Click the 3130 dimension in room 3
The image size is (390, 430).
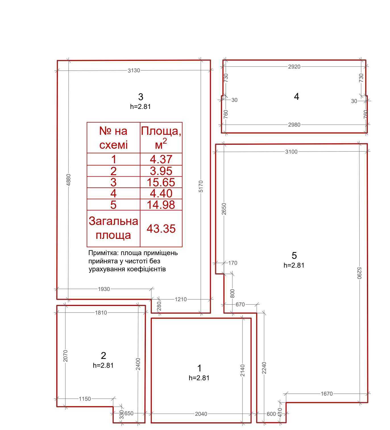pos(134,70)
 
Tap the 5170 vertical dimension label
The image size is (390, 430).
pos(201,186)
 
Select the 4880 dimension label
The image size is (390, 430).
pos(68,180)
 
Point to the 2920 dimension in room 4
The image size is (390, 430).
pos(294,67)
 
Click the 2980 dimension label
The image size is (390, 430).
pos(294,125)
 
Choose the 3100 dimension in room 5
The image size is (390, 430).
pos(291,152)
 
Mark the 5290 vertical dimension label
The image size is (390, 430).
pos(360,273)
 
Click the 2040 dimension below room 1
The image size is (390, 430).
pos(201,414)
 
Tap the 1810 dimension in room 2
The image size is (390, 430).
pos(101,313)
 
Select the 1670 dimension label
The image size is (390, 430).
pos(327,394)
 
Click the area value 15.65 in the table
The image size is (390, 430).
pos(161,182)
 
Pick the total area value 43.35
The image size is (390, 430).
pos(161,228)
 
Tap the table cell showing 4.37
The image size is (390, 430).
pos(161,159)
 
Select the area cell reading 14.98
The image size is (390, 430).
pos(161,205)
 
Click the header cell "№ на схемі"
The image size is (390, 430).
pos(113,138)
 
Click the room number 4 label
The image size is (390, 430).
pos(296,97)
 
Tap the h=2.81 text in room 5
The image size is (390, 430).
pos(294,265)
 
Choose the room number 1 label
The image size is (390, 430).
pos(199,368)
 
